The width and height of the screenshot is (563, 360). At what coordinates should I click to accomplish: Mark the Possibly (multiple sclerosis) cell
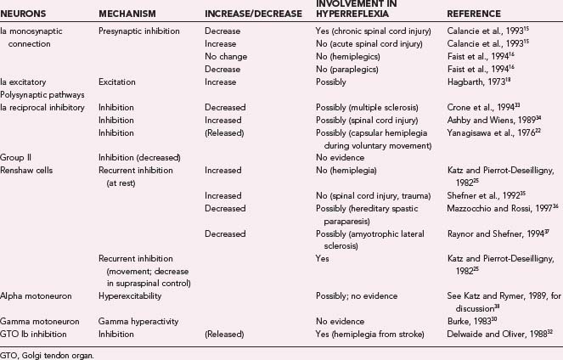click(x=366, y=108)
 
